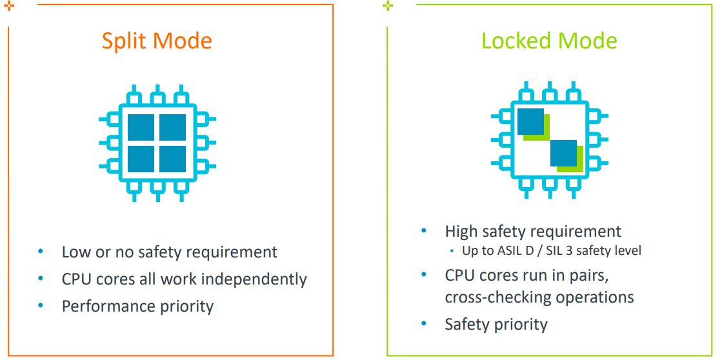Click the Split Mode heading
click(x=157, y=41)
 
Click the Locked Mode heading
click(x=549, y=41)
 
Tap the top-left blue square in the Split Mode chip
click(x=141, y=127)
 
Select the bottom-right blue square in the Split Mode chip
click(x=173, y=159)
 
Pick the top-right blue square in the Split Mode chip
click(x=173, y=127)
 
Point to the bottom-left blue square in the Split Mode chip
click(x=141, y=159)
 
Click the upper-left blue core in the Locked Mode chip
click(x=530, y=121)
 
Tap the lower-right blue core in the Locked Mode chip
click(x=564, y=154)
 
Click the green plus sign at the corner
click(x=388, y=6)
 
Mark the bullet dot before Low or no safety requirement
click(x=41, y=252)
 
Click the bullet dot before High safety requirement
click(x=424, y=230)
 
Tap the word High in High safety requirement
click(x=462, y=231)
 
